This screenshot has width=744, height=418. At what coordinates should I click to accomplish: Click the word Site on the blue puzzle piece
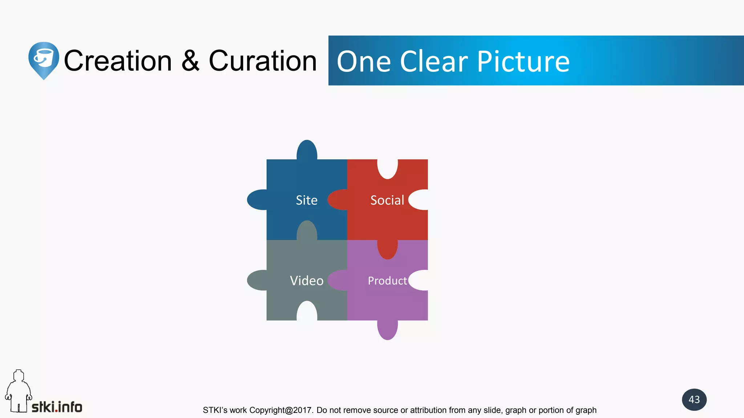point(307,200)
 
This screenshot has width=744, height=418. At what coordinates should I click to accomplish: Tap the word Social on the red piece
point(387,200)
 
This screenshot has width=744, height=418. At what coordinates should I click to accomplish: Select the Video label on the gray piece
point(307,281)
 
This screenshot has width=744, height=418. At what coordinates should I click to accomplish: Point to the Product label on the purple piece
point(387,281)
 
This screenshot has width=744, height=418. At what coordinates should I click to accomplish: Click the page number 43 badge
point(694,399)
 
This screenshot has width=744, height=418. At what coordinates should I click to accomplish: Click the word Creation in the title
point(118,61)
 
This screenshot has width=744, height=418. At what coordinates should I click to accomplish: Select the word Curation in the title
point(263,61)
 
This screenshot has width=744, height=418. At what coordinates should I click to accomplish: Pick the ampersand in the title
point(190,61)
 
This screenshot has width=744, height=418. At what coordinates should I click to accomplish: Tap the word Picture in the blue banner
point(523,62)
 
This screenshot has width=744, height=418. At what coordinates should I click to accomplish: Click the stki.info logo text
point(57,407)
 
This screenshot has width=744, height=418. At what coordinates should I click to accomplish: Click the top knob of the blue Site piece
point(307,149)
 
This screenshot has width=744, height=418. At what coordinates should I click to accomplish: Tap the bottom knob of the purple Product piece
point(388,330)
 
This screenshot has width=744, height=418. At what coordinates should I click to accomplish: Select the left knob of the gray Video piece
point(257,280)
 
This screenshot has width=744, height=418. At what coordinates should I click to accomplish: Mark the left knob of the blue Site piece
point(257,200)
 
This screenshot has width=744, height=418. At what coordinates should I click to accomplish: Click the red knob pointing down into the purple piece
point(388,250)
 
